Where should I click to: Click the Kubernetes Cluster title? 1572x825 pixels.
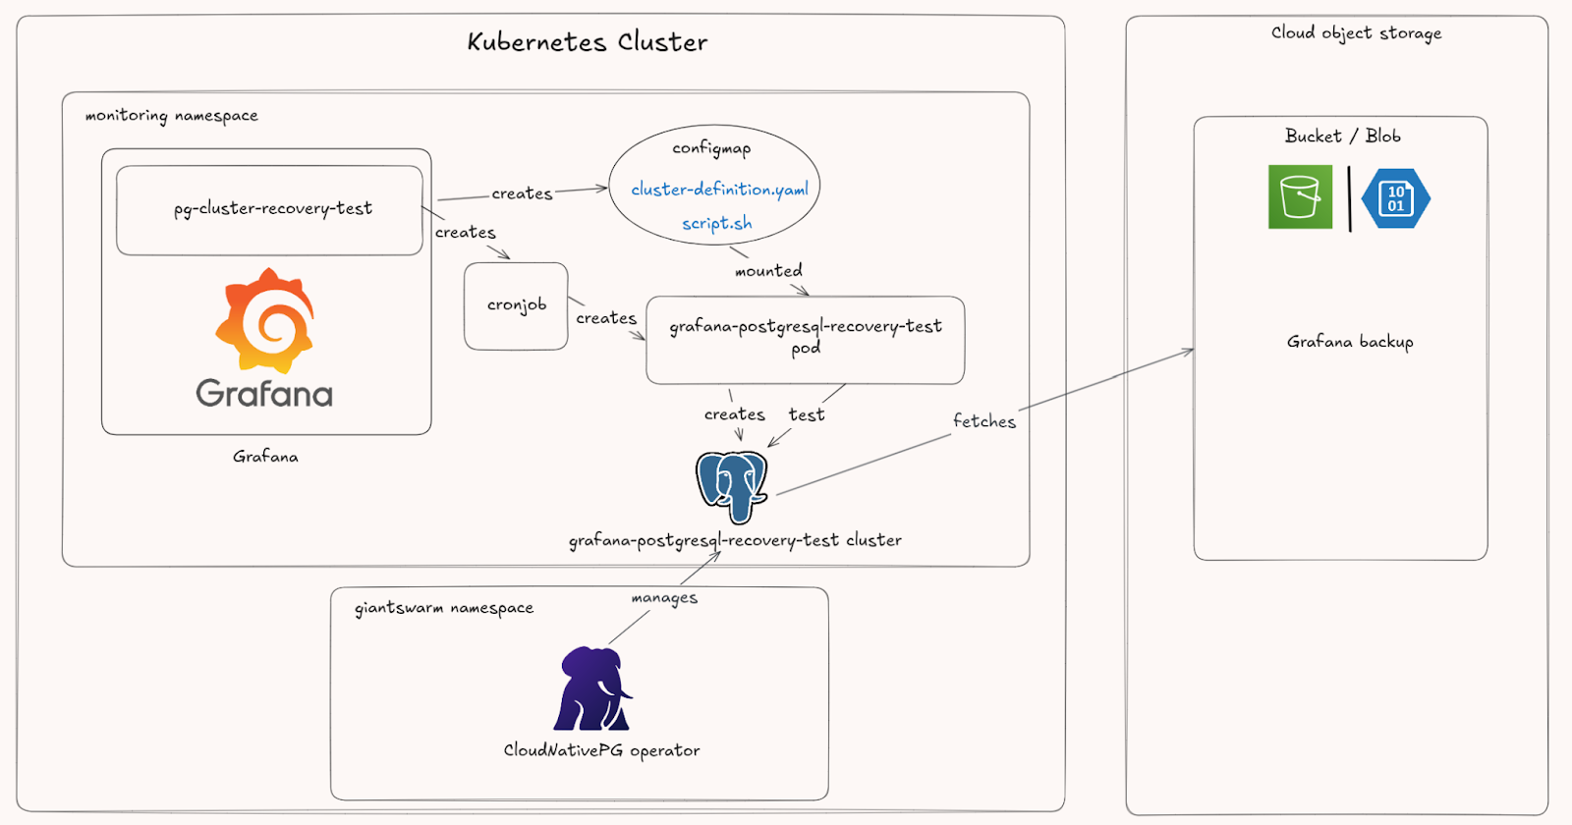(587, 42)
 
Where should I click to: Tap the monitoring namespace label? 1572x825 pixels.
(171, 116)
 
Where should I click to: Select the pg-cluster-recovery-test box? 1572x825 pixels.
(269, 209)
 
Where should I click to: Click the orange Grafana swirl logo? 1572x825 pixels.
(265, 320)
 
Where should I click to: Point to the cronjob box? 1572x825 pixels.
(516, 305)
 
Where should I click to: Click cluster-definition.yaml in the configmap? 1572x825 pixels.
(719, 190)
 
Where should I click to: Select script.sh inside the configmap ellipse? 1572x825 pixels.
(717, 224)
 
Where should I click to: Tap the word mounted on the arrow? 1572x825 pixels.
(768, 271)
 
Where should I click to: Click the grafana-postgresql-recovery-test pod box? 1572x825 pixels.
(805, 339)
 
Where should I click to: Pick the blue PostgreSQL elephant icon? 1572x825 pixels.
(732, 484)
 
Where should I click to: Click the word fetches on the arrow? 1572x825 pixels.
(983, 421)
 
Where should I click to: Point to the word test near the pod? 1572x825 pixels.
(807, 415)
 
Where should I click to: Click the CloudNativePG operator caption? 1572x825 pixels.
(601, 750)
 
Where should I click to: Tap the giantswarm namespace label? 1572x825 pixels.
(444, 608)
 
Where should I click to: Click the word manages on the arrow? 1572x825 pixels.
(664, 598)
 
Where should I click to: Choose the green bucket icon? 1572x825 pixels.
(1300, 197)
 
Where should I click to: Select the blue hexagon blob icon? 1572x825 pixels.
(1395, 198)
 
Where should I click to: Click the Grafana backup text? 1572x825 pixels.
(1350, 342)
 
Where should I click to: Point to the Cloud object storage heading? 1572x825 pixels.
(1356, 33)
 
